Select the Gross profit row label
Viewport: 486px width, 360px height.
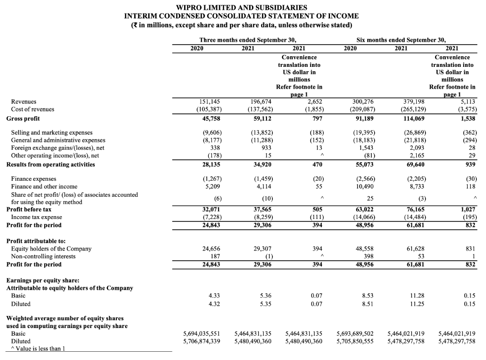[23, 118]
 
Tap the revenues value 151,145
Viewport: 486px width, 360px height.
[210, 101]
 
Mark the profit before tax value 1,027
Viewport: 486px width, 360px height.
[466, 210]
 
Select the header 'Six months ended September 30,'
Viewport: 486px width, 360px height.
[400, 40]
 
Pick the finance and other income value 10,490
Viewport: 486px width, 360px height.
[363, 187]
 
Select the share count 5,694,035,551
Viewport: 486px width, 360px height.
[202, 334]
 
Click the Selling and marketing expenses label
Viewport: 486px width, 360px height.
[51, 132]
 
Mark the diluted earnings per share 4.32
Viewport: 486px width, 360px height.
[213, 304]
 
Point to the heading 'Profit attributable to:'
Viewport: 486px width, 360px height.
[36, 241]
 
